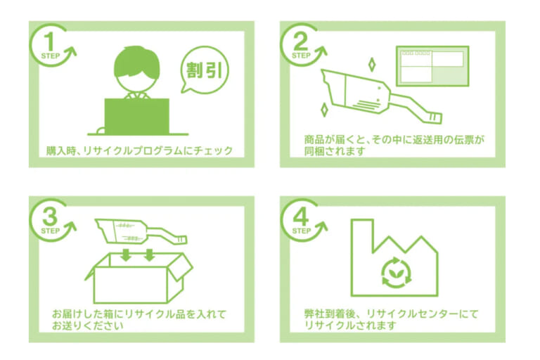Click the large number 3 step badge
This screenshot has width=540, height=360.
click(x=49, y=216)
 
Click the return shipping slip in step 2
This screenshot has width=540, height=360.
click(x=430, y=67)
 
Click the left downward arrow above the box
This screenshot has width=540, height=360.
click(x=125, y=255)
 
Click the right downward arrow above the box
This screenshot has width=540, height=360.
click(x=148, y=255)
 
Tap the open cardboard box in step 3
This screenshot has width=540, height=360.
click(x=137, y=281)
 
